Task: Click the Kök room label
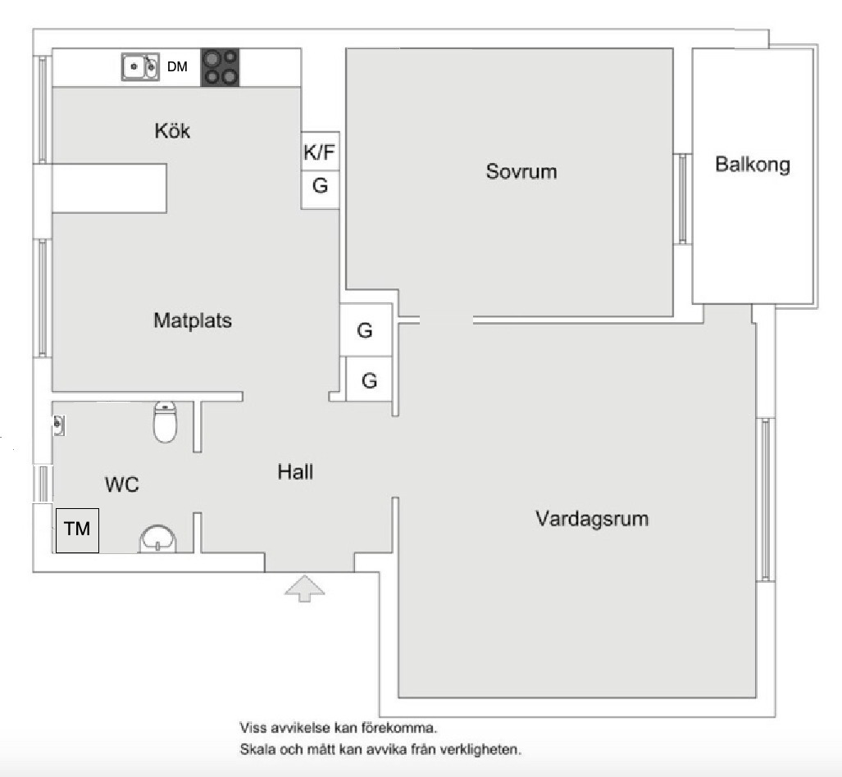[x=172, y=130]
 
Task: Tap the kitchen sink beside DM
[x=140, y=67]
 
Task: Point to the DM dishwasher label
[x=177, y=67]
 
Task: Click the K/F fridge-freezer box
[x=320, y=152]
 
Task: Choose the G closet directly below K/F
[x=320, y=186]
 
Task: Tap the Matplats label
[x=193, y=320]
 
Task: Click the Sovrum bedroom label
[x=521, y=172]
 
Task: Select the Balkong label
[x=753, y=164]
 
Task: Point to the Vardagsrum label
[x=592, y=519]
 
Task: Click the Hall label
[x=295, y=472]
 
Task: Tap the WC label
[x=121, y=484]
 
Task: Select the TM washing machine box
[x=77, y=529]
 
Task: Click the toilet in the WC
[x=166, y=422]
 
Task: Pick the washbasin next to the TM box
[x=157, y=539]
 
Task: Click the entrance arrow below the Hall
[x=305, y=588]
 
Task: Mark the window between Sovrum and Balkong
[x=682, y=198]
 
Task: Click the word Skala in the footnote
[x=256, y=749]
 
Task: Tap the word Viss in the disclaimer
[x=252, y=727]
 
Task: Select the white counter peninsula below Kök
[x=109, y=188]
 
